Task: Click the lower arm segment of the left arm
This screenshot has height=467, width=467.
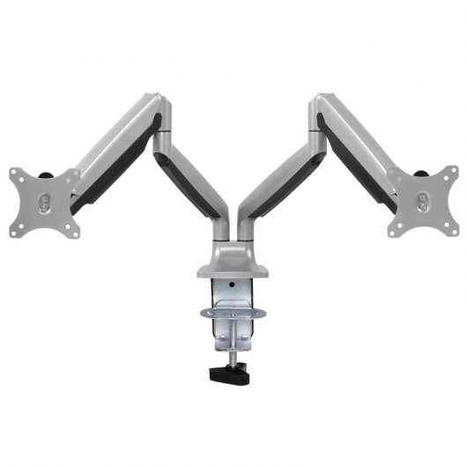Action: pos(191,189)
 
